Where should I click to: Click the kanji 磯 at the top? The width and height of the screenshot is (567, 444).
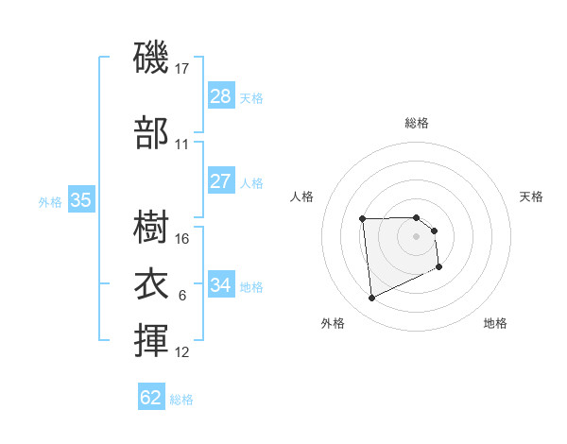[151, 59]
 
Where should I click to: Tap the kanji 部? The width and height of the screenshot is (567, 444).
[151, 134]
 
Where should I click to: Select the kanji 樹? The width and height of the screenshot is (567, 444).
[151, 228]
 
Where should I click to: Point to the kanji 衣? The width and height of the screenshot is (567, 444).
[151, 284]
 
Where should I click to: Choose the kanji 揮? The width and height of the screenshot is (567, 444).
[151, 341]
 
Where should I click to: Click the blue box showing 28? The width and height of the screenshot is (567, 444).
[221, 96]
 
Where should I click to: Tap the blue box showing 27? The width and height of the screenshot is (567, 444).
[221, 181]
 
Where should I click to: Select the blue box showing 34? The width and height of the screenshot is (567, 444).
[221, 285]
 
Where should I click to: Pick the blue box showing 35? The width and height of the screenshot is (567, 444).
[81, 200]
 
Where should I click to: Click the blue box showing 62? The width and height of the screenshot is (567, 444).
[151, 398]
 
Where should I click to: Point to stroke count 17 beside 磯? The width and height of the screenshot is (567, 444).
[182, 69]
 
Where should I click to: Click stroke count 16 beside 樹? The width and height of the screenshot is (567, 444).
[182, 238]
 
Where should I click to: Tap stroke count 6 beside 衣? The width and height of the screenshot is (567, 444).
[181, 296]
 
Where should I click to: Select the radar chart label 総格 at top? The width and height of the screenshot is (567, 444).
[417, 123]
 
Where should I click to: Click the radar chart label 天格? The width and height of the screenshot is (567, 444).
[531, 196]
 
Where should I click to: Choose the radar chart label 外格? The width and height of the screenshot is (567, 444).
[333, 323]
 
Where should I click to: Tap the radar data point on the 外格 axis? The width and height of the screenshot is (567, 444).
[372, 299]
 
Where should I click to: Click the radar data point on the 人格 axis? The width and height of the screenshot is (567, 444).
[362, 220]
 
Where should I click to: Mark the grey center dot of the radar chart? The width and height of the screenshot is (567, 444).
[417, 235]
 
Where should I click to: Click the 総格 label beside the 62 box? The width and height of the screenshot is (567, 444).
[181, 399]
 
